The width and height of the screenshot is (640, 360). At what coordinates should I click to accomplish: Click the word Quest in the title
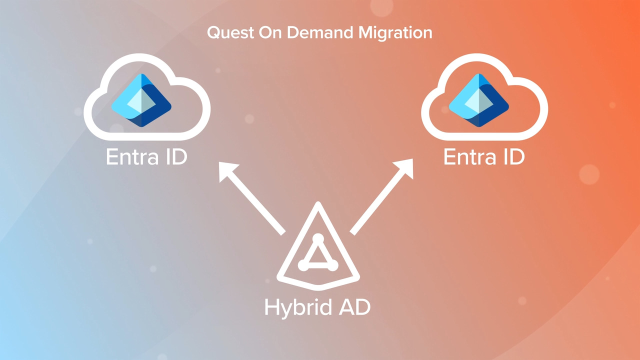(227, 33)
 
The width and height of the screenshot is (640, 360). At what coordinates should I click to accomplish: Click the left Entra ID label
(147, 157)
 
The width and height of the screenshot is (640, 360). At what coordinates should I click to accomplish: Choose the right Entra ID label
(484, 157)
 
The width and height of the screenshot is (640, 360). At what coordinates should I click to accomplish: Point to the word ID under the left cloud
(176, 157)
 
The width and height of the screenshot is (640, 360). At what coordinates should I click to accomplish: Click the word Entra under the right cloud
(468, 157)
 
